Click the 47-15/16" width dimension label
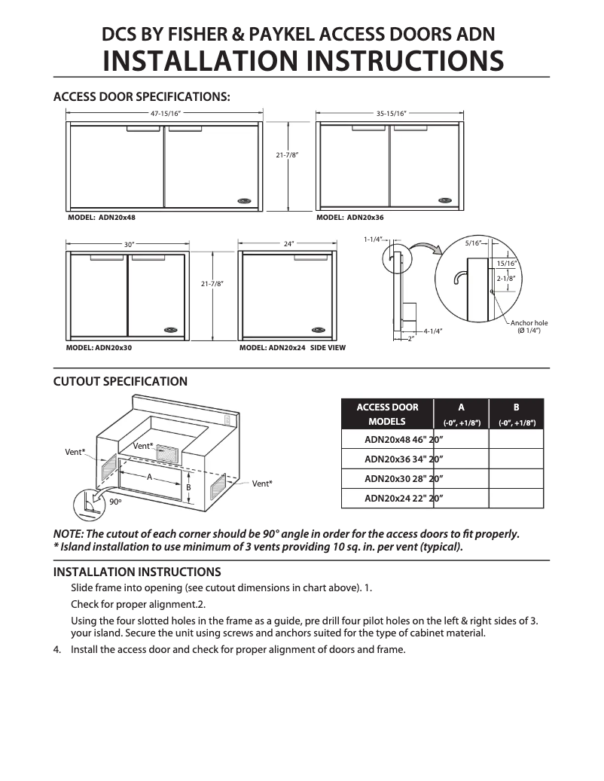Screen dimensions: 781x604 point(166,114)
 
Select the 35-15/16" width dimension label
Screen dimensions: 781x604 point(392,114)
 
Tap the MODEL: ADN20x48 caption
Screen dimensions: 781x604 point(102,217)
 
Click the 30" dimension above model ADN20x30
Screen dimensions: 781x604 point(129,245)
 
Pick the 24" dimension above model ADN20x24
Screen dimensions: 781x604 point(288,245)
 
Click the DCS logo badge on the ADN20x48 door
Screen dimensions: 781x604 point(246,200)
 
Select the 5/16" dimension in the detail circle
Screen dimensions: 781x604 point(473,243)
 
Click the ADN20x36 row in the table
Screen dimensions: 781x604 point(404,458)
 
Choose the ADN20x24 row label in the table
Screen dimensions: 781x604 point(404,499)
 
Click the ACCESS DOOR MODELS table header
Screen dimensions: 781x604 point(387,414)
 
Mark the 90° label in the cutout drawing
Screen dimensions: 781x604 point(115,501)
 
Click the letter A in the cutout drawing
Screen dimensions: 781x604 point(150,477)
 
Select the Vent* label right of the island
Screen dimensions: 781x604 point(262,483)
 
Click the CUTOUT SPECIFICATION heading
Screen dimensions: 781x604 point(120,382)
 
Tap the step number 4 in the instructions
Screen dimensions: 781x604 point(57,649)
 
